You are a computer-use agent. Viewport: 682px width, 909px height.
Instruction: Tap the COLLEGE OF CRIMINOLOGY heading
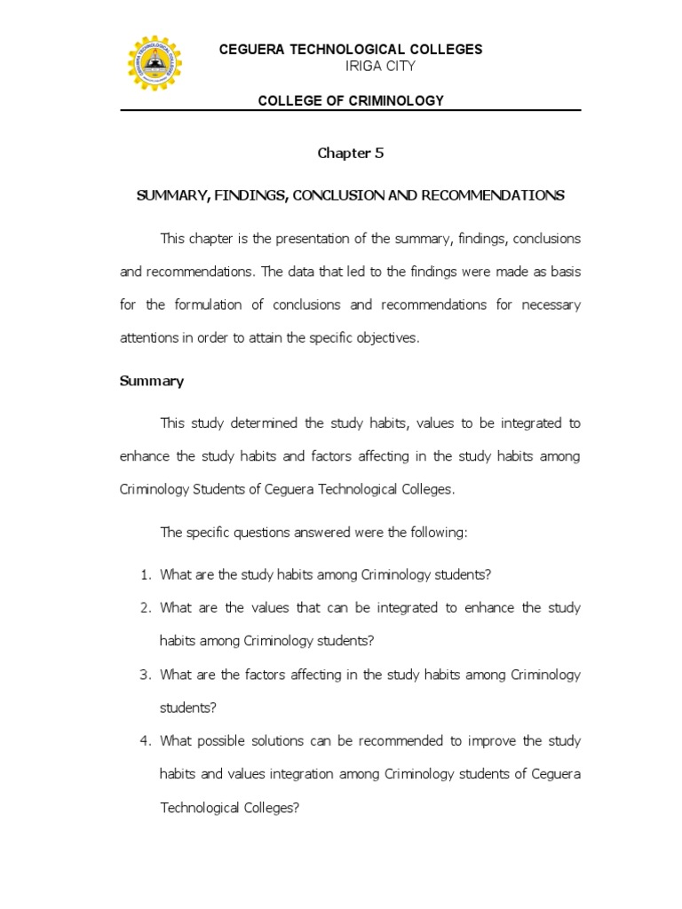tap(351, 100)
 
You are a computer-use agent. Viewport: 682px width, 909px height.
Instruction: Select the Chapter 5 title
tap(351, 153)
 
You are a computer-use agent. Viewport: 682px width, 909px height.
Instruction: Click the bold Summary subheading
tap(152, 381)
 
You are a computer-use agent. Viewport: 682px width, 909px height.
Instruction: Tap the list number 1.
tap(146, 574)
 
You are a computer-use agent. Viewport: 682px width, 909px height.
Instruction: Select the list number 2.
tap(146, 608)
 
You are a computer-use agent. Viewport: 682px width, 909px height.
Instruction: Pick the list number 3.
tap(146, 675)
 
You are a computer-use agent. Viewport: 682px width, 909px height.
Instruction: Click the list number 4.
tap(146, 741)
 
